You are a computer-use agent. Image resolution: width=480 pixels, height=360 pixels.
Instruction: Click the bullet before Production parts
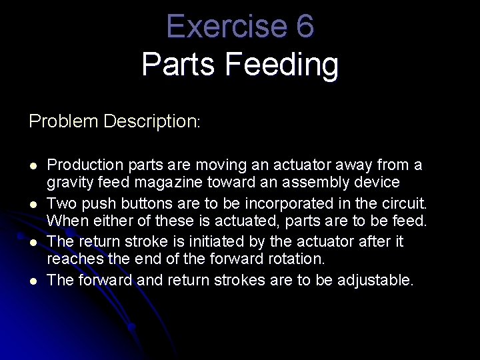click(x=33, y=165)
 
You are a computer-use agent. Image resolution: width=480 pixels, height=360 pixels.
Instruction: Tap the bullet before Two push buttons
click(x=33, y=203)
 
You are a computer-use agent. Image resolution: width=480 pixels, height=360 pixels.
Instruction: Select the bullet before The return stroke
click(x=33, y=242)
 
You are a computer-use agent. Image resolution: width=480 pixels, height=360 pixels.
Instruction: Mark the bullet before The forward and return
click(x=33, y=281)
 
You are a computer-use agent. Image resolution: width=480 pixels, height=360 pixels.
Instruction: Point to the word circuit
click(x=404, y=203)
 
